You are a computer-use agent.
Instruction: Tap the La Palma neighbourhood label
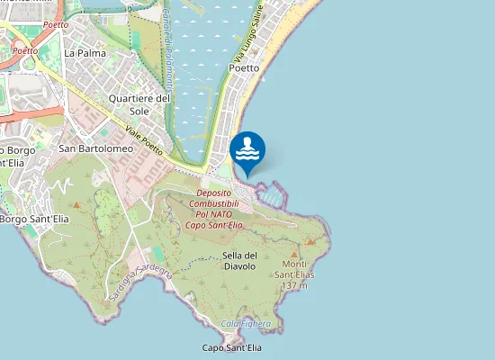pos(85,53)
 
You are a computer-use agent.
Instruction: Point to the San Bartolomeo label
pos(96,148)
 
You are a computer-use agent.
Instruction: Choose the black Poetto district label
pos(245,67)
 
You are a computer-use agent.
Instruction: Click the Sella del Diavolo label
pos(239,260)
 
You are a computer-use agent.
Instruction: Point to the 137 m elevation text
pos(294,285)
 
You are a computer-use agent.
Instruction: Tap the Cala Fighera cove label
pos(246,323)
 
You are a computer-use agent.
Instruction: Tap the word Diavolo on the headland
pos(239,265)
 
